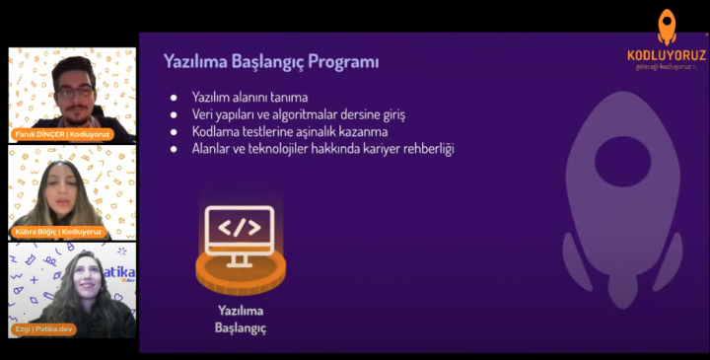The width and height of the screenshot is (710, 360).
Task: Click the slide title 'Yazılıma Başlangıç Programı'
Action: click(x=271, y=61)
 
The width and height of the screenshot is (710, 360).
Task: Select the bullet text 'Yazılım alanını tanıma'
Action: click(x=249, y=97)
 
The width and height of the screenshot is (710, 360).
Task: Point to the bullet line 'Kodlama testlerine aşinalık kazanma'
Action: click(x=290, y=131)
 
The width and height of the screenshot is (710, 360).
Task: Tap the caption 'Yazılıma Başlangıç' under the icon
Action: click(x=241, y=318)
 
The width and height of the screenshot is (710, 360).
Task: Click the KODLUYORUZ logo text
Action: click(x=667, y=55)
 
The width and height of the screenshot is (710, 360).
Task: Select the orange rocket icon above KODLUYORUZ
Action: click(x=667, y=26)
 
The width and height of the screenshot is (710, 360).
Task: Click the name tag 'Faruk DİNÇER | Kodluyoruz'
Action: click(x=61, y=133)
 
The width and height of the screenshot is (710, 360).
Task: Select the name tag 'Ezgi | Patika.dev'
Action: click(x=44, y=328)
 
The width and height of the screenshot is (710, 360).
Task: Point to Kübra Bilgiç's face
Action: click(x=56, y=182)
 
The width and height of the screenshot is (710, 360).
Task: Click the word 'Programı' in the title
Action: click(x=345, y=61)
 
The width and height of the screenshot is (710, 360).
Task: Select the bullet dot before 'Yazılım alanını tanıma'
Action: click(x=174, y=98)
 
